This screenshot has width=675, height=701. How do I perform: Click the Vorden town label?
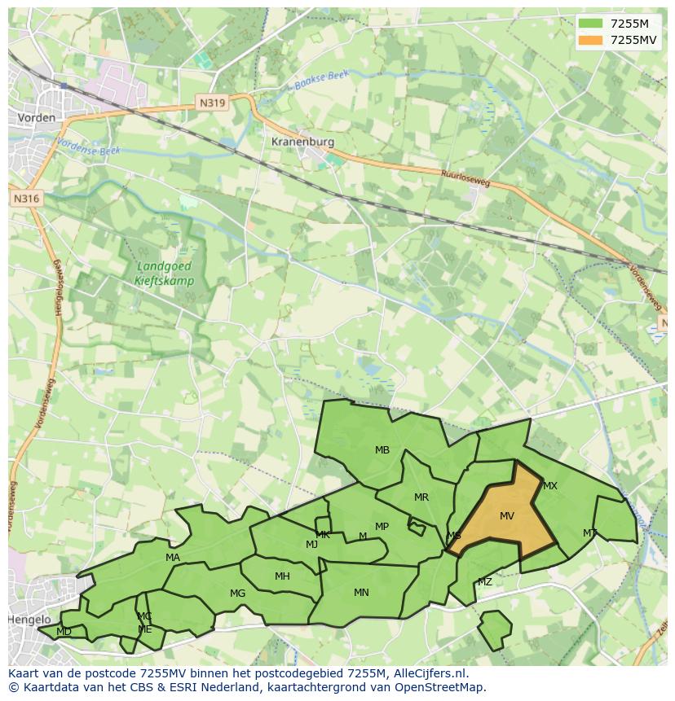pos(37,117)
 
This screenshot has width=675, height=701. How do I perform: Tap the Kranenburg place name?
pos(302,141)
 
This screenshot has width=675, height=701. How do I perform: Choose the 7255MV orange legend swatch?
pos(592,40)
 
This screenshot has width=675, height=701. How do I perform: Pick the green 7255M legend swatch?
pos(592,23)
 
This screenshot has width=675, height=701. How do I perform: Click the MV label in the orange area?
pos(507,516)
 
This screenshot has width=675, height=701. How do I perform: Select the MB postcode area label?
pos(382,449)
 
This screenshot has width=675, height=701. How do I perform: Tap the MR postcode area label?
pos(421,497)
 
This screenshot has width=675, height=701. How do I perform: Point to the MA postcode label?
pos(173,557)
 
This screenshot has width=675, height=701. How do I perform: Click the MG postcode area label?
pos(237,593)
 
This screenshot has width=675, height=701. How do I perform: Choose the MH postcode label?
pos(282,576)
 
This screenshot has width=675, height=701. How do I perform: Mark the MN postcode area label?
pos(361,592)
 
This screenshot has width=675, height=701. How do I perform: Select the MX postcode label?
pos(550,486)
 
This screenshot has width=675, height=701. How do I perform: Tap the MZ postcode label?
pos(485,581)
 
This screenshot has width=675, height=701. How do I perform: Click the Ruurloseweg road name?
pos(466,177)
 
